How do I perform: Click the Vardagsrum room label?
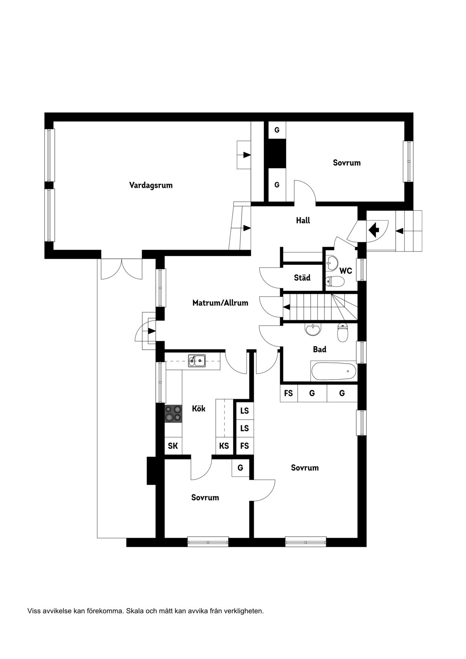pyautogui.click(x=151, y=185)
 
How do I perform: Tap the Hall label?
pyautogui.click(x=303, y=221)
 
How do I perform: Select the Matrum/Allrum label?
pyautogui.click(x=220, y=303)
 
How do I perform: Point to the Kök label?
pyautogui.click(x=198, y=408)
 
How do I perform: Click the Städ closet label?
pyautogui.click(x=302, y=278)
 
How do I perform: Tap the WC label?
pyautogui.click(x=345, y=271)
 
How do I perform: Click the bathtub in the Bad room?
pyautogui.click(x=333, y=371)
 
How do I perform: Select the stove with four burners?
pyautogui.click(x=173, y=413)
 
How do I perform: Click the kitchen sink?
pyautogui.click(x=197, y=361)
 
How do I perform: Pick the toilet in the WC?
pyautogui.click(x=334, y=281)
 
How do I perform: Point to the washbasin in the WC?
pyautogui.click(x=332, y=263)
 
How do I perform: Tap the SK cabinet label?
pyautogui.click(x=173, y=446)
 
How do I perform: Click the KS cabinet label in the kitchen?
pyautogui.click(x=224, y=446)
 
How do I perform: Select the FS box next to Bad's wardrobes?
pyautogui.click(x=289, y=393)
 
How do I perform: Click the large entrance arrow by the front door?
pyautogui.click(x=374, y=230)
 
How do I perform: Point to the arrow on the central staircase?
pyautogui.click(x=287, y=307)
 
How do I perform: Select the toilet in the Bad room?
pyautogui.click(x=342, y=333)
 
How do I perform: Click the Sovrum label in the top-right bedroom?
pyautogui.click(x=347, y=163)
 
